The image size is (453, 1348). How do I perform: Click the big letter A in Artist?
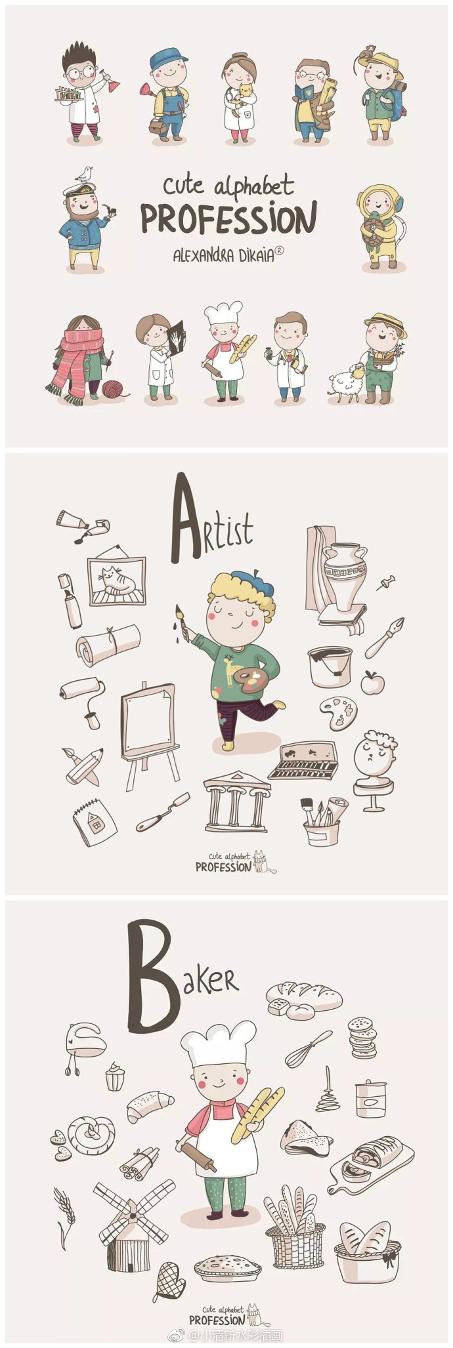tap(186, 518)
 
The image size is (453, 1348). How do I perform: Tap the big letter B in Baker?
tap(152, 975)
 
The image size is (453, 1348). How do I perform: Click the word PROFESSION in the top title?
tap(229, 218)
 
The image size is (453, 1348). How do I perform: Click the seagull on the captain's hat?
tap(83, 173)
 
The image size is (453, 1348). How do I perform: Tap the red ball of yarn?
tap(112, 388)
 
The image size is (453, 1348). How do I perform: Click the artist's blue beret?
tap(246, 579)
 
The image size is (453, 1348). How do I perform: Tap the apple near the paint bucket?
tap(370, 682)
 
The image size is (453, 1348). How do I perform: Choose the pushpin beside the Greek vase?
tap(385, 582)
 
